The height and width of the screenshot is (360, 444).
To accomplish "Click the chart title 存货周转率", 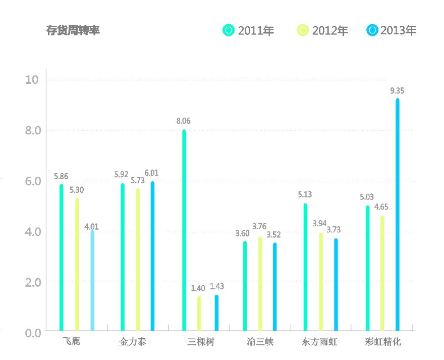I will (x=73, y=30).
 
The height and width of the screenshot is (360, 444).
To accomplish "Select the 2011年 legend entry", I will (x=249, y=30).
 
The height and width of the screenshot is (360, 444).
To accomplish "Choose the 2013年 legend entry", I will (x=392, y=30).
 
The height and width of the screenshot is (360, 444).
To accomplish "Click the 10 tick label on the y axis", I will (x=32, y=80).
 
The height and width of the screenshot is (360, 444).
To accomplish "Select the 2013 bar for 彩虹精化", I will (x=398, y=215).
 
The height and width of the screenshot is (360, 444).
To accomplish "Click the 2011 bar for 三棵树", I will (x=184, y=230).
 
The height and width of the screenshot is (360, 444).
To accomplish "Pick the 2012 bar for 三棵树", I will (x=199, y=314).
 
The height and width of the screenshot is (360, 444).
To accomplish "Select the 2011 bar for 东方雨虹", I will (x=306, y=267).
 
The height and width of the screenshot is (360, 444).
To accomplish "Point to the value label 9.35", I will (x=398, y=91).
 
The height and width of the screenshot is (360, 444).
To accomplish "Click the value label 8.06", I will (x=183, y=121).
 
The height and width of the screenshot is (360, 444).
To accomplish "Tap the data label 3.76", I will (x=260, y=227).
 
